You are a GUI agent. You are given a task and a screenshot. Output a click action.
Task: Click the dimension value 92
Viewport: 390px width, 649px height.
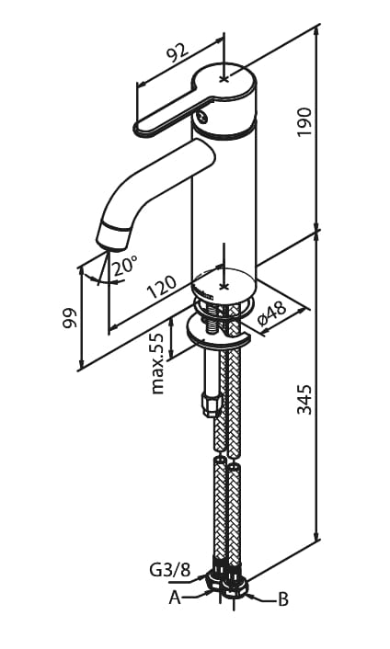tap(177, 52)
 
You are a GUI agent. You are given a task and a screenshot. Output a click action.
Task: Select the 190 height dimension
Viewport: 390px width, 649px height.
tap(304, 122)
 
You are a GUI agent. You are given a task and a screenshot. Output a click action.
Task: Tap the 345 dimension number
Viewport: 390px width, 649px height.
tap(304, 399)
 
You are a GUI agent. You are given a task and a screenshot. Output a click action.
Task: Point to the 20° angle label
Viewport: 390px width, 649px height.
tap(124, 265)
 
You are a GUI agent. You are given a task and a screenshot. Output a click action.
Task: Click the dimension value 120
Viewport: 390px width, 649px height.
tap(162, 286)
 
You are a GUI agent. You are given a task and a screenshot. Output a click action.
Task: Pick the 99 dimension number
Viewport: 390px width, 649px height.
tap(70, 317)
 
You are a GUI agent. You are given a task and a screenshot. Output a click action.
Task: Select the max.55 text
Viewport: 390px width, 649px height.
tap(157, 362)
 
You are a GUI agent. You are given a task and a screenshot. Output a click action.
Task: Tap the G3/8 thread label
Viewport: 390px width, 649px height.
tap(169, 571)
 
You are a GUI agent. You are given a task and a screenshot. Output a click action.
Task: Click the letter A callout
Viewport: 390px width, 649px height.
tap(175, 598)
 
